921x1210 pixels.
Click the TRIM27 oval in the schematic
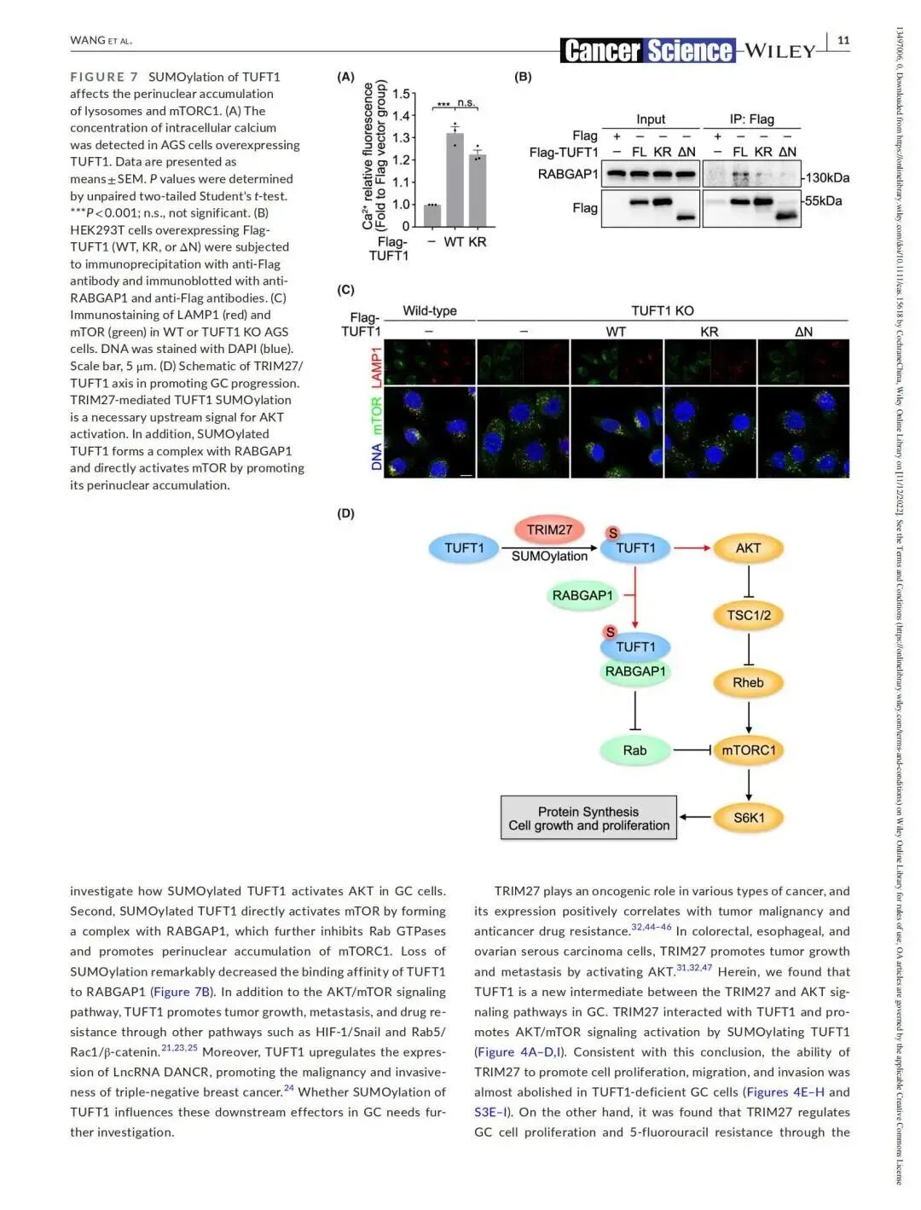[549, 530]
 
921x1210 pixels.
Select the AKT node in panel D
[748, 548]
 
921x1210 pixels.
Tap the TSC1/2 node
[748, 615]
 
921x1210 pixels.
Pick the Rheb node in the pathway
[748, 682]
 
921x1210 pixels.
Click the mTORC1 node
[748, 750]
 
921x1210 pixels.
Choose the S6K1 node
[748, 818]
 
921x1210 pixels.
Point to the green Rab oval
[634, 750]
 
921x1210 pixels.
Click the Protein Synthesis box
[588, 819]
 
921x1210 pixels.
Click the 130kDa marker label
[827, 177]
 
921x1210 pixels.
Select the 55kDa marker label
[824, 201]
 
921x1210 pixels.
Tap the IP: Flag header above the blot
[751, 119]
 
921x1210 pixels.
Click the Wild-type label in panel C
[430, 311]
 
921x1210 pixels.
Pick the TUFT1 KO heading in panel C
[663, 311]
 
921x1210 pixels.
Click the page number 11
[843, 40]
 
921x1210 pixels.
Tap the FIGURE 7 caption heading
[104, 77]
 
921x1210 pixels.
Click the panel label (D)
[345, 513]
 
